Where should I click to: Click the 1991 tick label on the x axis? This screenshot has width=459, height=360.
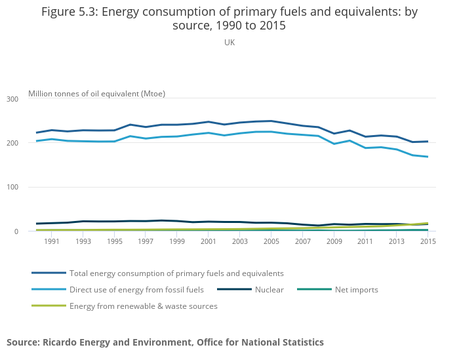click(52, 241)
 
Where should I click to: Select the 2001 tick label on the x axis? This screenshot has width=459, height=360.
click(208, 241)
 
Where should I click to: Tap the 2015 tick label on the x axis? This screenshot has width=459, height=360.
click(428, 241)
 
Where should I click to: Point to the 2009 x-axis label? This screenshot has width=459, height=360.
click(334, 241)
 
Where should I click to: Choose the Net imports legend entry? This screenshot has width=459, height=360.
click(356, 289)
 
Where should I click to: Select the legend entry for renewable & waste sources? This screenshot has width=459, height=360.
click(143, 306)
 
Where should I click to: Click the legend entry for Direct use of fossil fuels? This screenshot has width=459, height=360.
click(136, 289)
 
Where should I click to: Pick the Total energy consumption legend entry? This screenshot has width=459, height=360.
click(176, 273)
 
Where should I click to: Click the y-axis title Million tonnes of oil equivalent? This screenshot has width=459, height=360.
click(96, 93)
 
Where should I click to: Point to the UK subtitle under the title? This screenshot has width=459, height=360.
click(229, 43)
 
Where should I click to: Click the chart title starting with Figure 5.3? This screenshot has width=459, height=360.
click(229, 18)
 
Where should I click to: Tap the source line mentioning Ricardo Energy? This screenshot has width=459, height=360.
click(165, 342)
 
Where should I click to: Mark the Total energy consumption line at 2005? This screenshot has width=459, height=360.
click(271, 121)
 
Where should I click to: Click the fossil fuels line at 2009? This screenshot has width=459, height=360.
click(334, 144)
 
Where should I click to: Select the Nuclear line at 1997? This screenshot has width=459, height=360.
click(146, 221)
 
